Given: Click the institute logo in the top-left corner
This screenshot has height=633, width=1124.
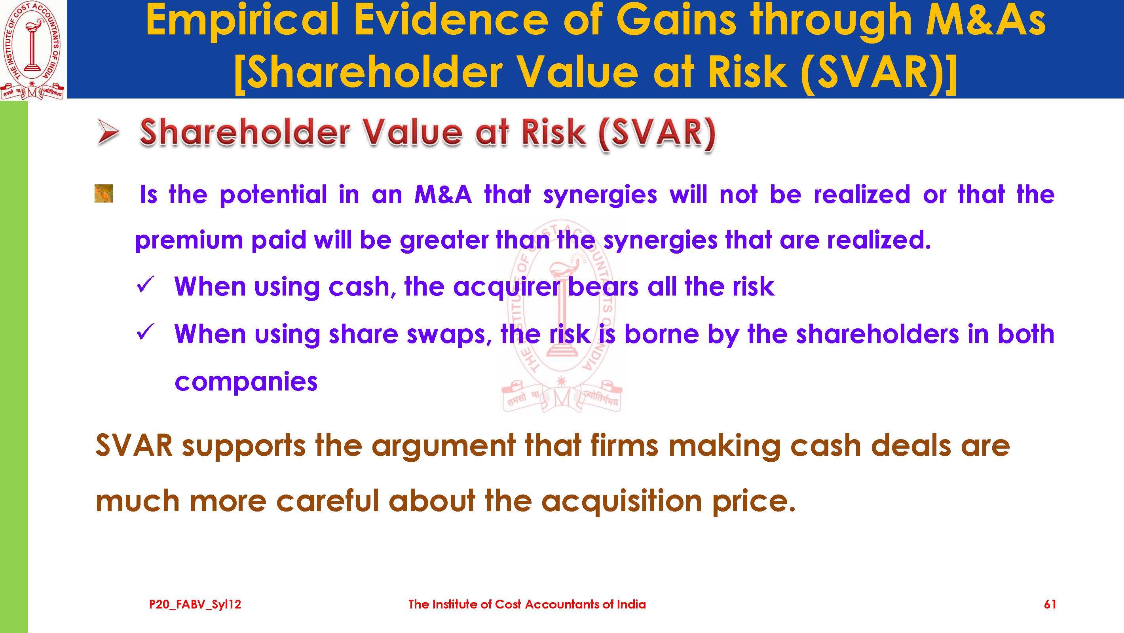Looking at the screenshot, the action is [x=33, y=50].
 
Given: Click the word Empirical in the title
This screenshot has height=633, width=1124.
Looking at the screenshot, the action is [x=243, y=21].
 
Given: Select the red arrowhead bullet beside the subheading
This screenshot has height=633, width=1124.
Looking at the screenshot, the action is [x=108, y=132].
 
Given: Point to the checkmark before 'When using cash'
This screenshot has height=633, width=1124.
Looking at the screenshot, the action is [x=145, y=285].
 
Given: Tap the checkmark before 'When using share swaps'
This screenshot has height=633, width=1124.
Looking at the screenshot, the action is [x=145, y=332].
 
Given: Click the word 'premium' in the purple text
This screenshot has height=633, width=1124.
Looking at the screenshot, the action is [x=189, y=241].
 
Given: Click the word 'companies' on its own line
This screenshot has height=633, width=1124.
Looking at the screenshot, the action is [x=246, y=382].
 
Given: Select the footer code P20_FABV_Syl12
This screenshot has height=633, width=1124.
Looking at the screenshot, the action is [x=195, y=604].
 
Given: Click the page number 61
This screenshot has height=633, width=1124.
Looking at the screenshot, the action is [x=1050, y=604].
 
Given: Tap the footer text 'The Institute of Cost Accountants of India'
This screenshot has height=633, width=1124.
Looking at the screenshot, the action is [x=527, y=604].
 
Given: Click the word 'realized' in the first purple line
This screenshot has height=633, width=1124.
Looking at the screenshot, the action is [x=862, y=194].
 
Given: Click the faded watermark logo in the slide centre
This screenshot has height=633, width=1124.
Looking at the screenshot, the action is [x=562, y=316].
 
